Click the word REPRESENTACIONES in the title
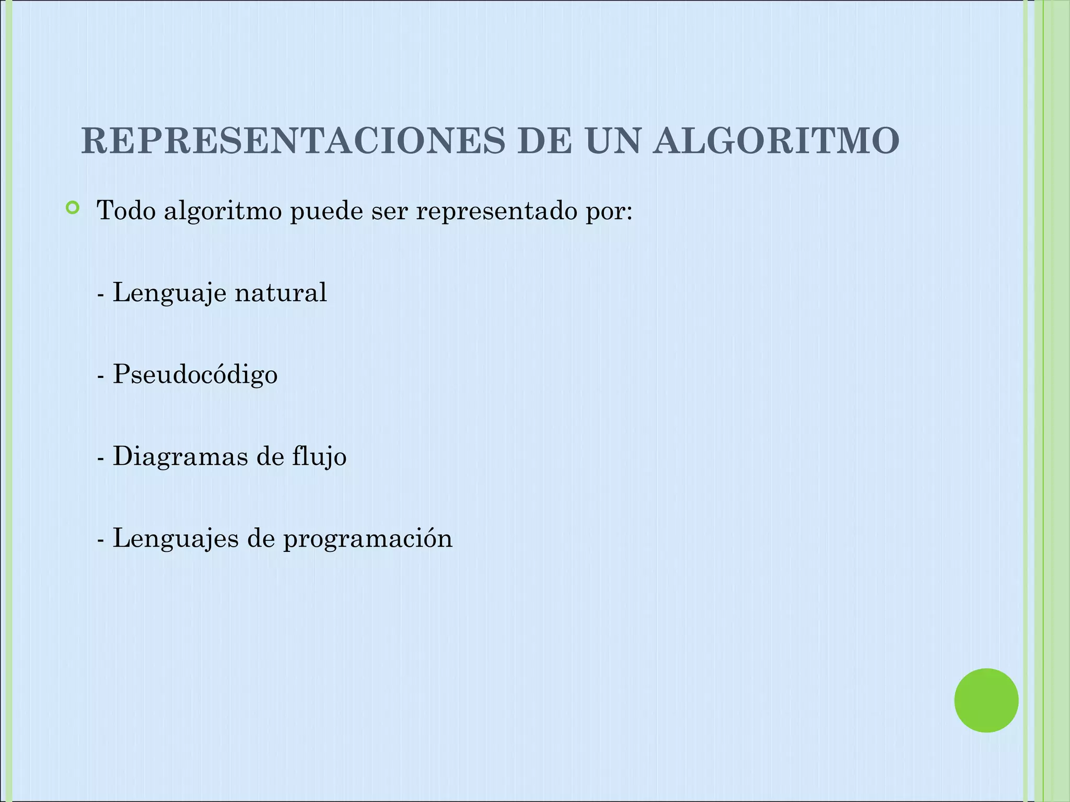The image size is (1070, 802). (x=293, y=141)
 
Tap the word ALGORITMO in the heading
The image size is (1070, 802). (x=776, y=141)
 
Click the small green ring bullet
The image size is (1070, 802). (x=73, y=209)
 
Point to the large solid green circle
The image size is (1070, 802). (x=986, y=700)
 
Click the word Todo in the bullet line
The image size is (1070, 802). (x=126, y=211)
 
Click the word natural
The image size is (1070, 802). (x=281, y=292)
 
